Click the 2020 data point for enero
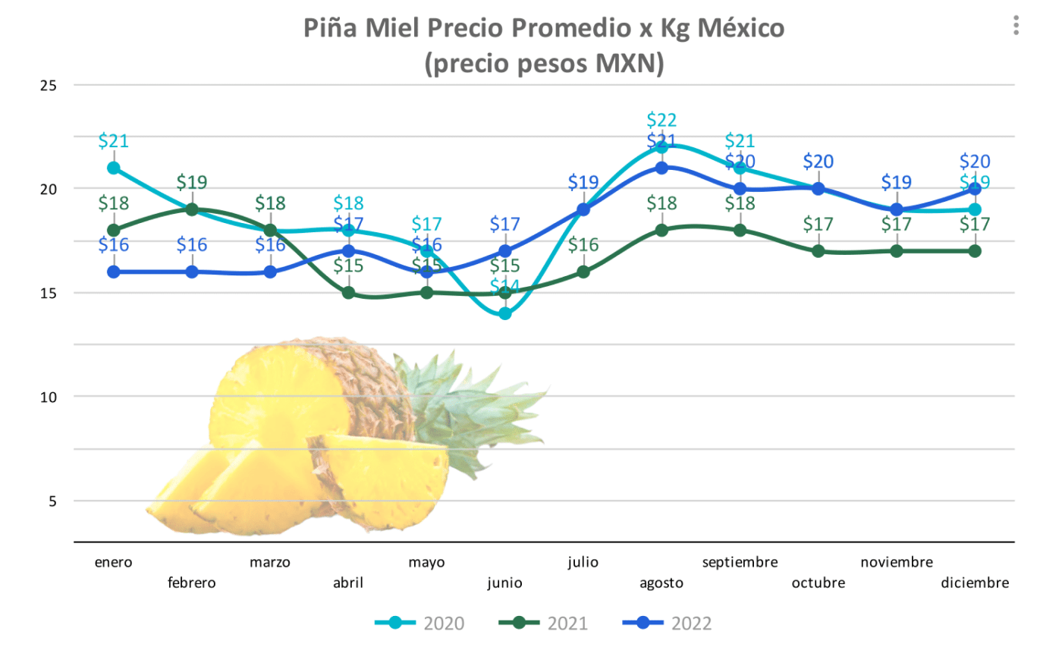(x=114, y=168)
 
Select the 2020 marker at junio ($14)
(x=505, y=313)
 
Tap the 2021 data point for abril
(x=348, y=293)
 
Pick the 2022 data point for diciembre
(x=975, y=189)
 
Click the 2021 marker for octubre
(x=818, y=251)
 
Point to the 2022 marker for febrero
(x=192, y=272)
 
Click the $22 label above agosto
(x=661, y=120)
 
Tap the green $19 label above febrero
(x=192, y=182)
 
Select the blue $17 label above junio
(x=505, y=224)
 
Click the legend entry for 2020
(x=420, y=624)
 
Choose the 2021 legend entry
(x=544, y=624)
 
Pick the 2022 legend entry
(x=668, y=624)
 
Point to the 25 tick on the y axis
(x=49, y=86)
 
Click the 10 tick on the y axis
(x=49, y=397)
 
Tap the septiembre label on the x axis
(x=740, y=562)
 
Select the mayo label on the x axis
(x=426, y=562)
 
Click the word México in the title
(x=740, y=28)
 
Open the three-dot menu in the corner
(x=1016, y=26)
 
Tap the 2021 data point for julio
(x=583, y=272)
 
